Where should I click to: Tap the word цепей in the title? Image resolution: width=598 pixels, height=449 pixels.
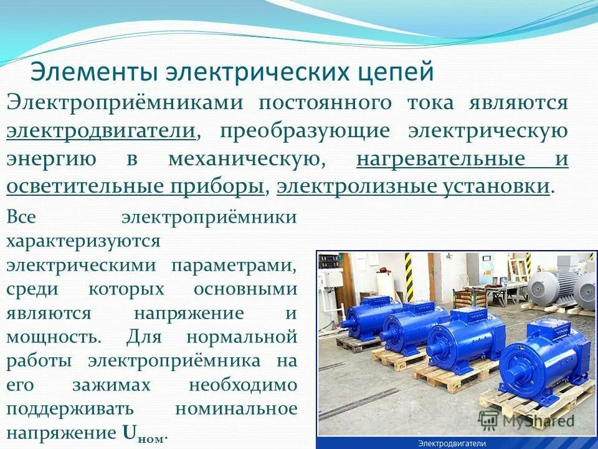(x=399, y=72)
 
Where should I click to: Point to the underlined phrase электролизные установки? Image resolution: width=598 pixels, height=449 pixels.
(x=413, y=186)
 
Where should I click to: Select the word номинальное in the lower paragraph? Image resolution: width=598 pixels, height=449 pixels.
(x=236, y=409)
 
